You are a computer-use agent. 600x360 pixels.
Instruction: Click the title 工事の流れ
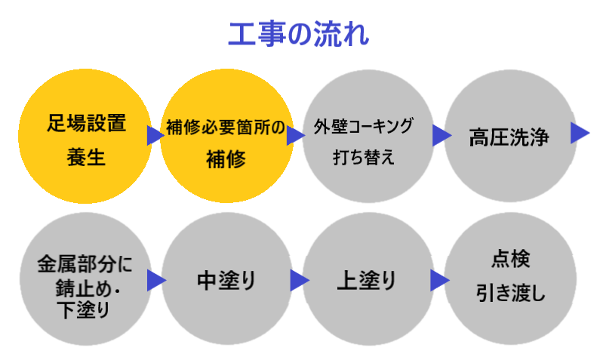[x=299, y=33]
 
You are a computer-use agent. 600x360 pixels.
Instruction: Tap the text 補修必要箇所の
[x=226, y=128]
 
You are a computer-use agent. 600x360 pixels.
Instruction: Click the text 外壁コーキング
[x=364, y=126]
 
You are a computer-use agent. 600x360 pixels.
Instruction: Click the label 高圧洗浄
[x=508, y=140]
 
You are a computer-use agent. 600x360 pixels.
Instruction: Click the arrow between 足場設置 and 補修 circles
[x=155, y=135]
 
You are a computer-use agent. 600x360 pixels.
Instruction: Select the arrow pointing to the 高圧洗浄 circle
[x=441, y=135]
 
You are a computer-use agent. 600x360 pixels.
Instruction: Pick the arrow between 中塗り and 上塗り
[x=299, y=281]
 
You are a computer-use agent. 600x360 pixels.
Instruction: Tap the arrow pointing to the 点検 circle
[x=439, y=281]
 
